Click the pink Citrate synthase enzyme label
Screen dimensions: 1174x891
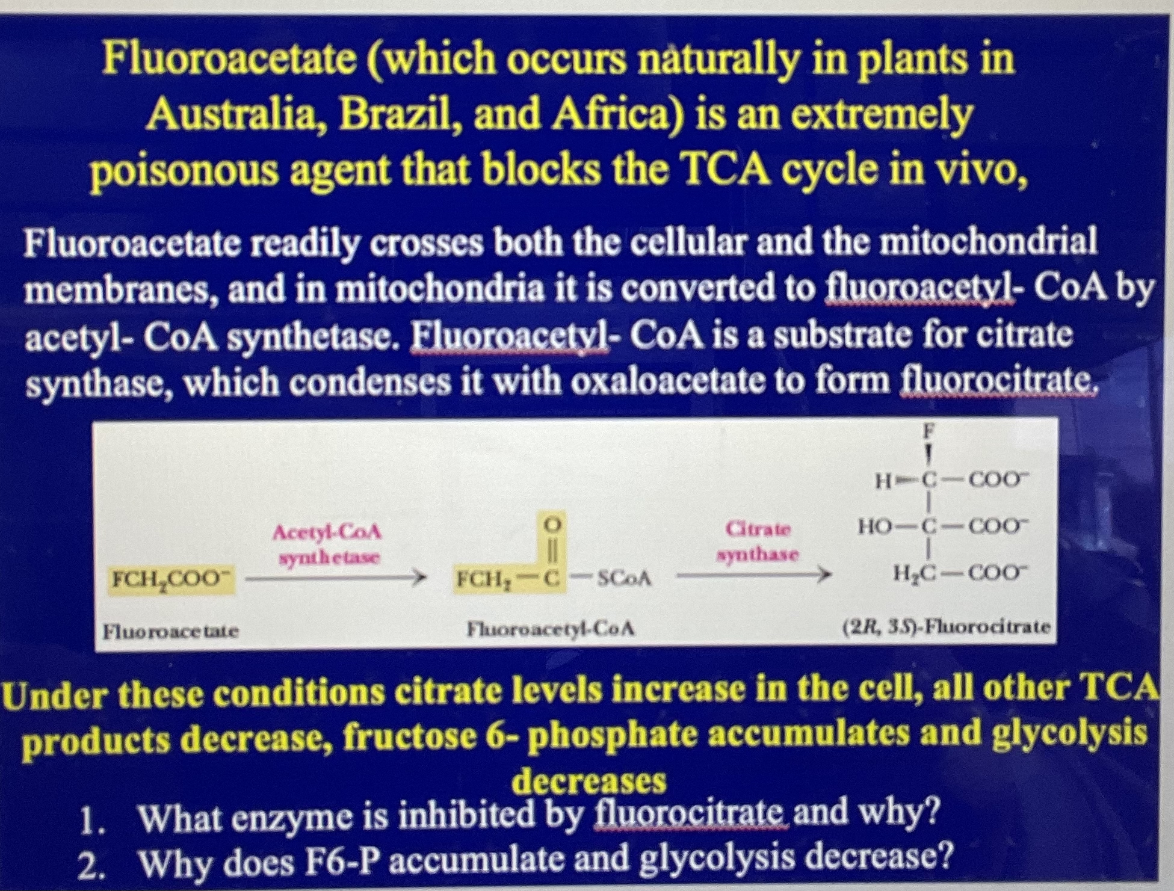point(758,541)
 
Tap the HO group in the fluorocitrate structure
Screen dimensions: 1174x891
point(875,528)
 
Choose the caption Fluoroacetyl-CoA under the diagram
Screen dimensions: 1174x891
point(551,629)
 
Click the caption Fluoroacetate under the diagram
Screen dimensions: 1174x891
point(171,632)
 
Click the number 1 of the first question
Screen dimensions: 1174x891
point(88,821)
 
